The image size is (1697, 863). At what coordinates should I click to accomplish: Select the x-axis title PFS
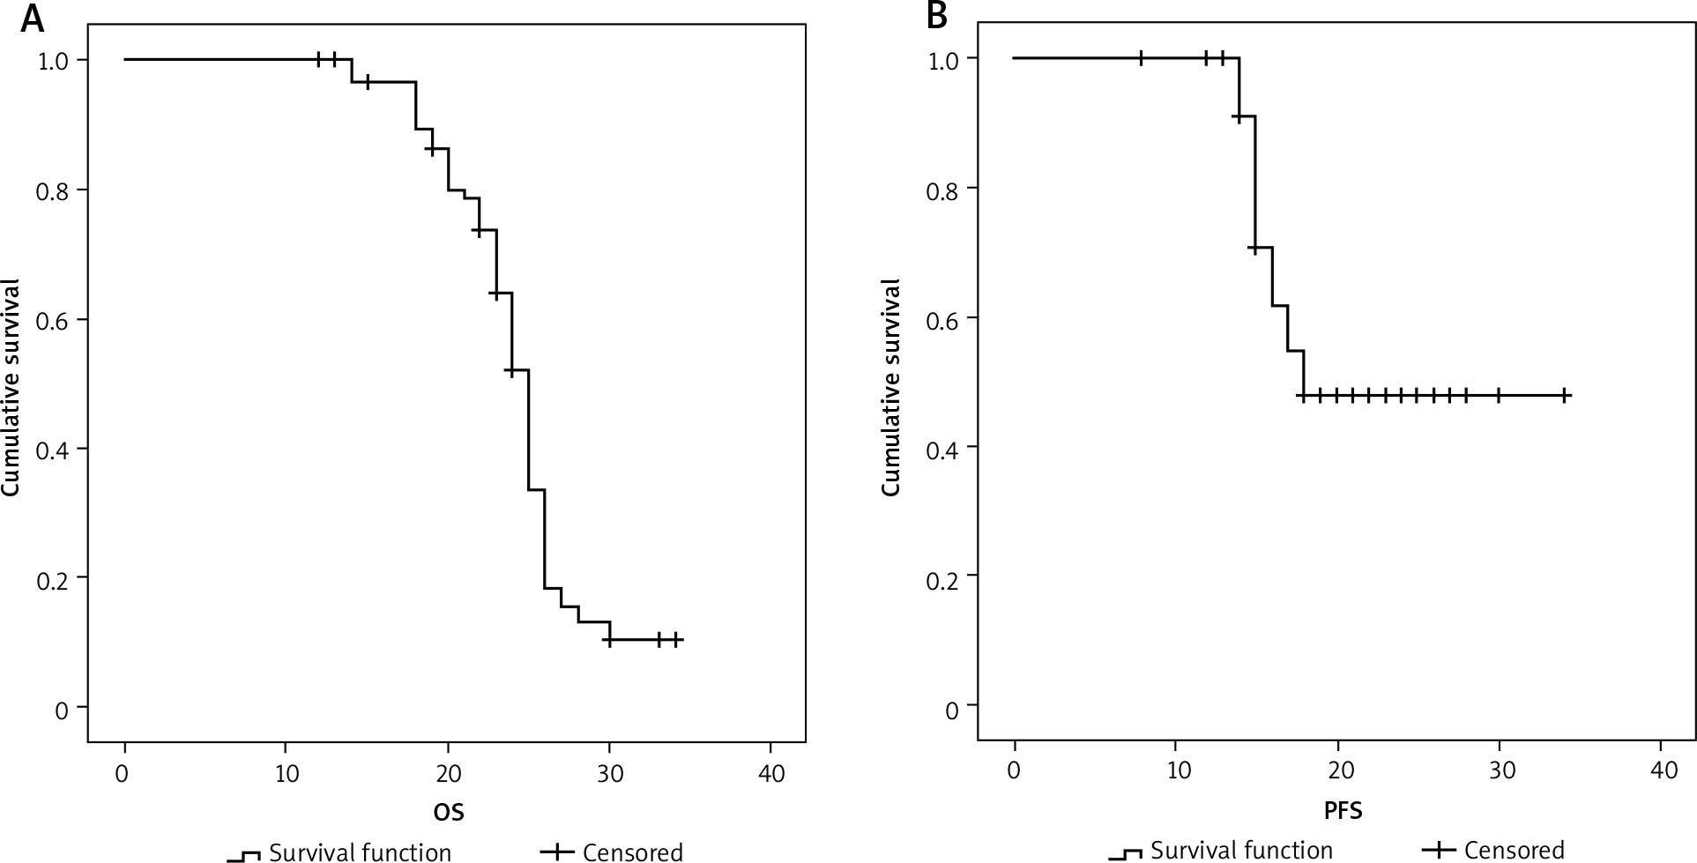pyautogui.click(x=1343, y=811)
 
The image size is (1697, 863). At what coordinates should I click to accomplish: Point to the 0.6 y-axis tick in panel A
pyautogui.click(x=53, y=319)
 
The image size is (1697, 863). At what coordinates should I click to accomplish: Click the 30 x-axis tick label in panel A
pyautogui.click(x=609, y=775)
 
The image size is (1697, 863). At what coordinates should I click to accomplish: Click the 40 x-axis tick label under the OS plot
pyautogui.click(x=770, y=775)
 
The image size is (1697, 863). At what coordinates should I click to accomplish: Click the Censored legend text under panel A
pyautogui.click(x=632, y=852)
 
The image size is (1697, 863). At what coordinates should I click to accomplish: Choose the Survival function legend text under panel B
pyautogui.click(x=1241, y=850)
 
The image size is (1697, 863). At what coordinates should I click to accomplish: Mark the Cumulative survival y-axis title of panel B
pyautogui.click(x=891, y=388)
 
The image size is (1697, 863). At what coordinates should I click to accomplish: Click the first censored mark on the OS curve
pyautogui.click(x=319, y=59)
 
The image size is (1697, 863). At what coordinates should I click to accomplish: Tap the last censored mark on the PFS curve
pyautogui.click(x=1565, y=396)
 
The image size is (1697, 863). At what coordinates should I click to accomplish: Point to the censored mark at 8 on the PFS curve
pyautogui.click(x=1142, y=58)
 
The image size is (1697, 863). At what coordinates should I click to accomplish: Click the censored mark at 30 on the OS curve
pyautogui.click(x=608, y=640)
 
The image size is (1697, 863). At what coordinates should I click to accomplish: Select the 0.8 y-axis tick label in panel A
pyautogui.click(x=53, y=190)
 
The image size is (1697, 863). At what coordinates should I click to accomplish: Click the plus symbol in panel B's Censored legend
pyautogui.click(x=1440, y=850)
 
